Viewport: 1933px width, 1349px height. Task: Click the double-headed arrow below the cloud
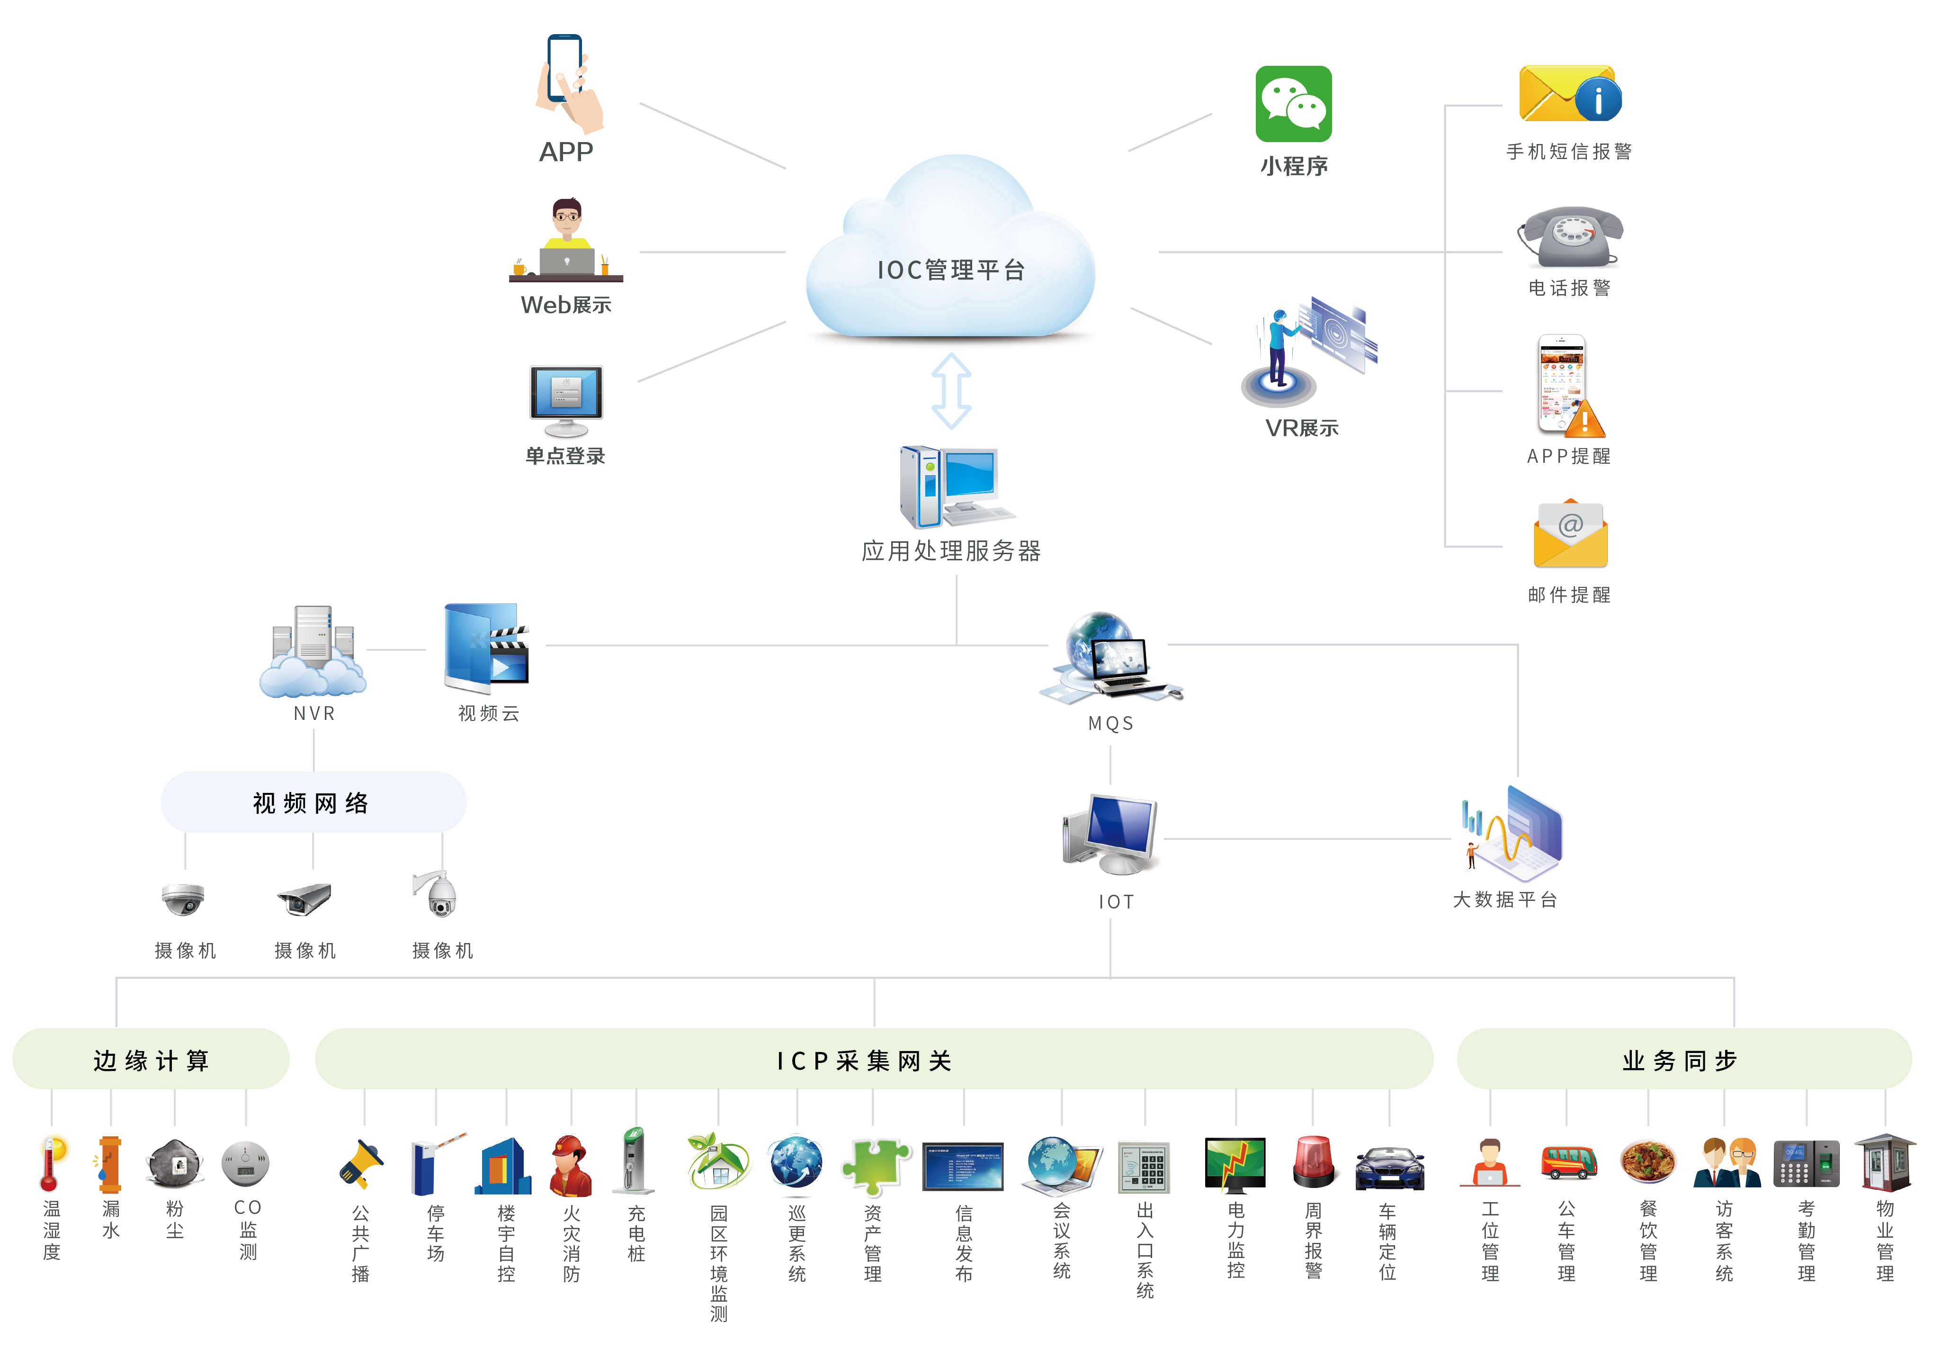[951, 391]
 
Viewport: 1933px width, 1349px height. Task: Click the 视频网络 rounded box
[313, 802]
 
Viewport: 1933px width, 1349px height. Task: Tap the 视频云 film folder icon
[487, 646]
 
